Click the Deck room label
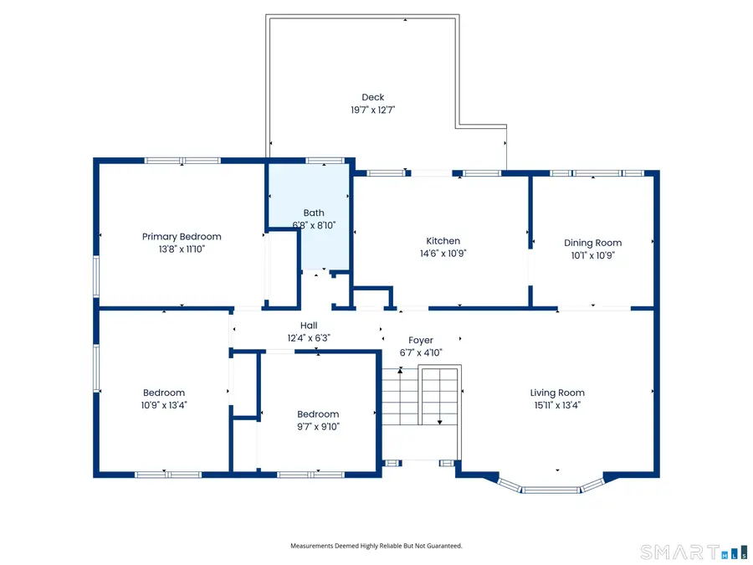tap(373, 98)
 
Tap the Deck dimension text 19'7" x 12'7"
tap(373, 110)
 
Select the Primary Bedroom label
tap(182, 237)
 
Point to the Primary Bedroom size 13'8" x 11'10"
tap(182, 249)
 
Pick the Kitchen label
tap(443, 241)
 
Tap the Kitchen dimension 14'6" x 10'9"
tap(443, 253)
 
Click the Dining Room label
tap(592, 244)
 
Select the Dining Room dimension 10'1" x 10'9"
tap(592, 255)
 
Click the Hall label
tap(309, 326)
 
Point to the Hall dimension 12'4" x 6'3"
tap(309, 338)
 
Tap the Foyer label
tap(421, 341)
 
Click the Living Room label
tap(557, 393)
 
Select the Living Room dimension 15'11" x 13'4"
tap(557, 405)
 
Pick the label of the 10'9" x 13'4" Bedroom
tap(164, 393)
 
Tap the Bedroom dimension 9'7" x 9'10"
tap(319, 426)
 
